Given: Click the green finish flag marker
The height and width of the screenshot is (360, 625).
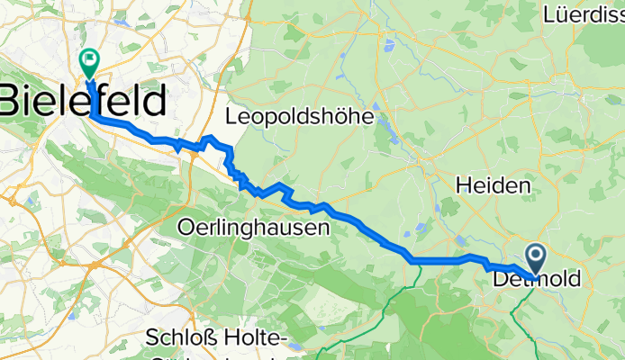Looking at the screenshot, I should tap(89, 62).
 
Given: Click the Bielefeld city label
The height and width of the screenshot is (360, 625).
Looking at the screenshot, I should tap(83, 101).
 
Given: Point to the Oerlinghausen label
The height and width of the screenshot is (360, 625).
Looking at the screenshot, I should tap(255, 228).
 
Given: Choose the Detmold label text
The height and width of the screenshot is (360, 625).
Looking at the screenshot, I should tap(538, 281).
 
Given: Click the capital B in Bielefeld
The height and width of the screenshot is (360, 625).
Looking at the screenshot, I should tap(12, 101).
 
